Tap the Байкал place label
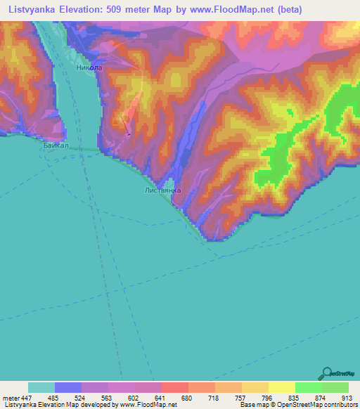(55, 145)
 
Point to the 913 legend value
(345, 398)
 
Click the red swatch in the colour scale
(174, 387)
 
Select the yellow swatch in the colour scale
(281, 387)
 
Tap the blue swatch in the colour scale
(68, 387)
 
